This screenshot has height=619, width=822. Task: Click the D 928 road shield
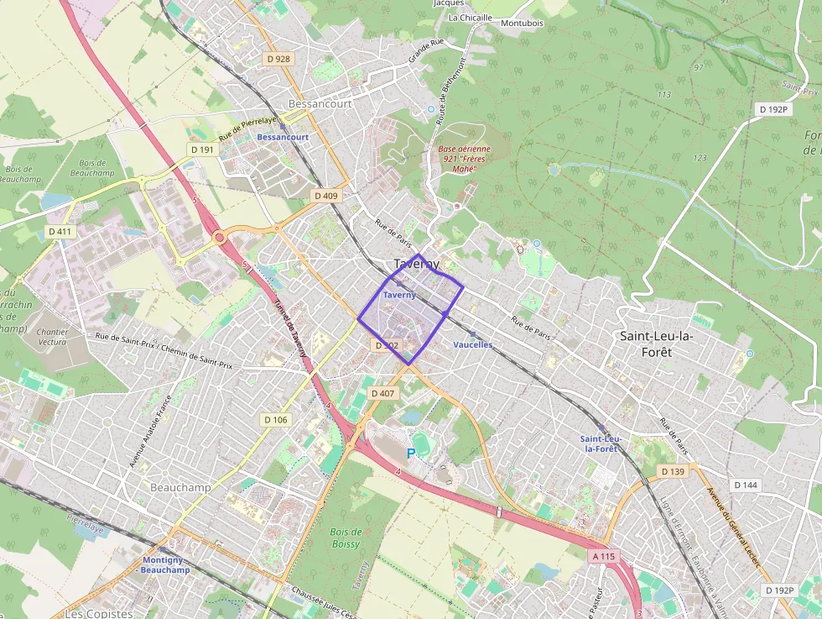(278, 59)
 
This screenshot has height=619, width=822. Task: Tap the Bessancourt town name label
(320, 104)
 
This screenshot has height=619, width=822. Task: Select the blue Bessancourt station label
(283, 137)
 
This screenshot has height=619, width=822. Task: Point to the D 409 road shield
(325, 196)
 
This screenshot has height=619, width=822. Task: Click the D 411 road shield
(60, 231)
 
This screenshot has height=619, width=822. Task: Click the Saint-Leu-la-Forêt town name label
(657, 344)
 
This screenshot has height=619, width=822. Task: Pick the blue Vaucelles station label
(472, 344)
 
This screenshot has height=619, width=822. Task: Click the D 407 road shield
(382, 393)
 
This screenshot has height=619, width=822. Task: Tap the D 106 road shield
(275, 419)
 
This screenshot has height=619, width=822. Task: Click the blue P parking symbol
(411, 454)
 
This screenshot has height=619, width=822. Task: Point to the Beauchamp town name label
(179, 487)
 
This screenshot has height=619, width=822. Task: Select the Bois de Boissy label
(346, 538)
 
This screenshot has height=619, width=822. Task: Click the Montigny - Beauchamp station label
(165, 564)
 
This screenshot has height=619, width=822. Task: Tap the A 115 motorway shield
(603, 556)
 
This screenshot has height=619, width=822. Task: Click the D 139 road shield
(673, 472)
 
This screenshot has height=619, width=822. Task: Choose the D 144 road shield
(745, 485)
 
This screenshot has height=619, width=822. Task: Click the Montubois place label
(522, 23)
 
